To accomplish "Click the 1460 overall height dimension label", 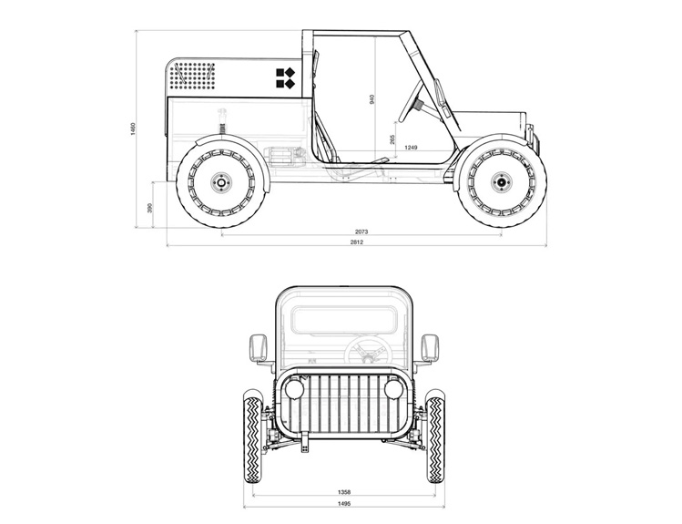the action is click(133, 128).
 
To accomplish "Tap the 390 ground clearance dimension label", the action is click(150, 208).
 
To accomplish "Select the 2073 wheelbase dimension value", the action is click(361, 231).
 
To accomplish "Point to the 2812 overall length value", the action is click(356, 242).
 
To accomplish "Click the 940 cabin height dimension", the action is click(372, 99).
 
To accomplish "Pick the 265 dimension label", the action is click(392, 139).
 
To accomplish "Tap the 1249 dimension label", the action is click(411, 148).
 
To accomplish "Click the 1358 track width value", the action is click(343, 492).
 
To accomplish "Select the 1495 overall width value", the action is click(343, 504).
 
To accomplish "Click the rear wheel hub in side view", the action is click(221, 182).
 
